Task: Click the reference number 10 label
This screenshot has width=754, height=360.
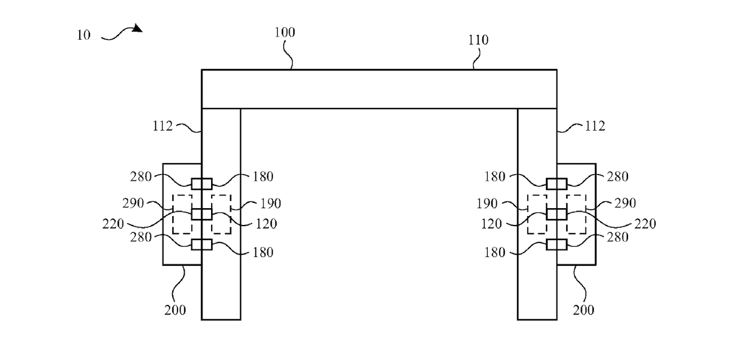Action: pyautogui.click(x=84, y=35)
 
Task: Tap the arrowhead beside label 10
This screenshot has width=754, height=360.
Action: pyautogui.click(x=138, y=28)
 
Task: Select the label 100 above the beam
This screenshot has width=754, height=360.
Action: pyautogui.click(x=284, y=32)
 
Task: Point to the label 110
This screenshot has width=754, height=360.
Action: pyautogui.click(x=478, y=40)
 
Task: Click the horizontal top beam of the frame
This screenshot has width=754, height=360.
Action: pyautogui.click(x=378, y=89)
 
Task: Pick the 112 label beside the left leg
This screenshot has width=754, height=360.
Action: pyautogui.click(x=163, y=126)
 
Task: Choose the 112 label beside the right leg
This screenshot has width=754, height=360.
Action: pyautogui.click(x=595, y=126)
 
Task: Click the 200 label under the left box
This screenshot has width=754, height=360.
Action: pyautogui.click(x=176, y=310)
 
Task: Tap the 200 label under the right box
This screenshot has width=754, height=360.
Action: pyautogui.click(x=583, y=310)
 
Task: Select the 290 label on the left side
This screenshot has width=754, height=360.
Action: pyautogui.click(x=134, y=203)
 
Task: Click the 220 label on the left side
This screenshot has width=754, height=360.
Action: pyautogui.click(x=113, y=224)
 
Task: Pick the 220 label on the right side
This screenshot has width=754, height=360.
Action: pyautogui.click(x=645, y=224)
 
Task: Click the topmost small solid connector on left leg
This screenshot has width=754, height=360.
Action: pyautogui.click(x=202, y=183)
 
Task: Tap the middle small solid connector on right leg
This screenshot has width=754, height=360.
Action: pyautogui.click(x=557, y=214)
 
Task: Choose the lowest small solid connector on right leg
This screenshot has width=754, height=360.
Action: pyautogui.click(x=557, y=244)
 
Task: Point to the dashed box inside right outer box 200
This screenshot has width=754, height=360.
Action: pyautogui.click(x=576, y=214)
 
